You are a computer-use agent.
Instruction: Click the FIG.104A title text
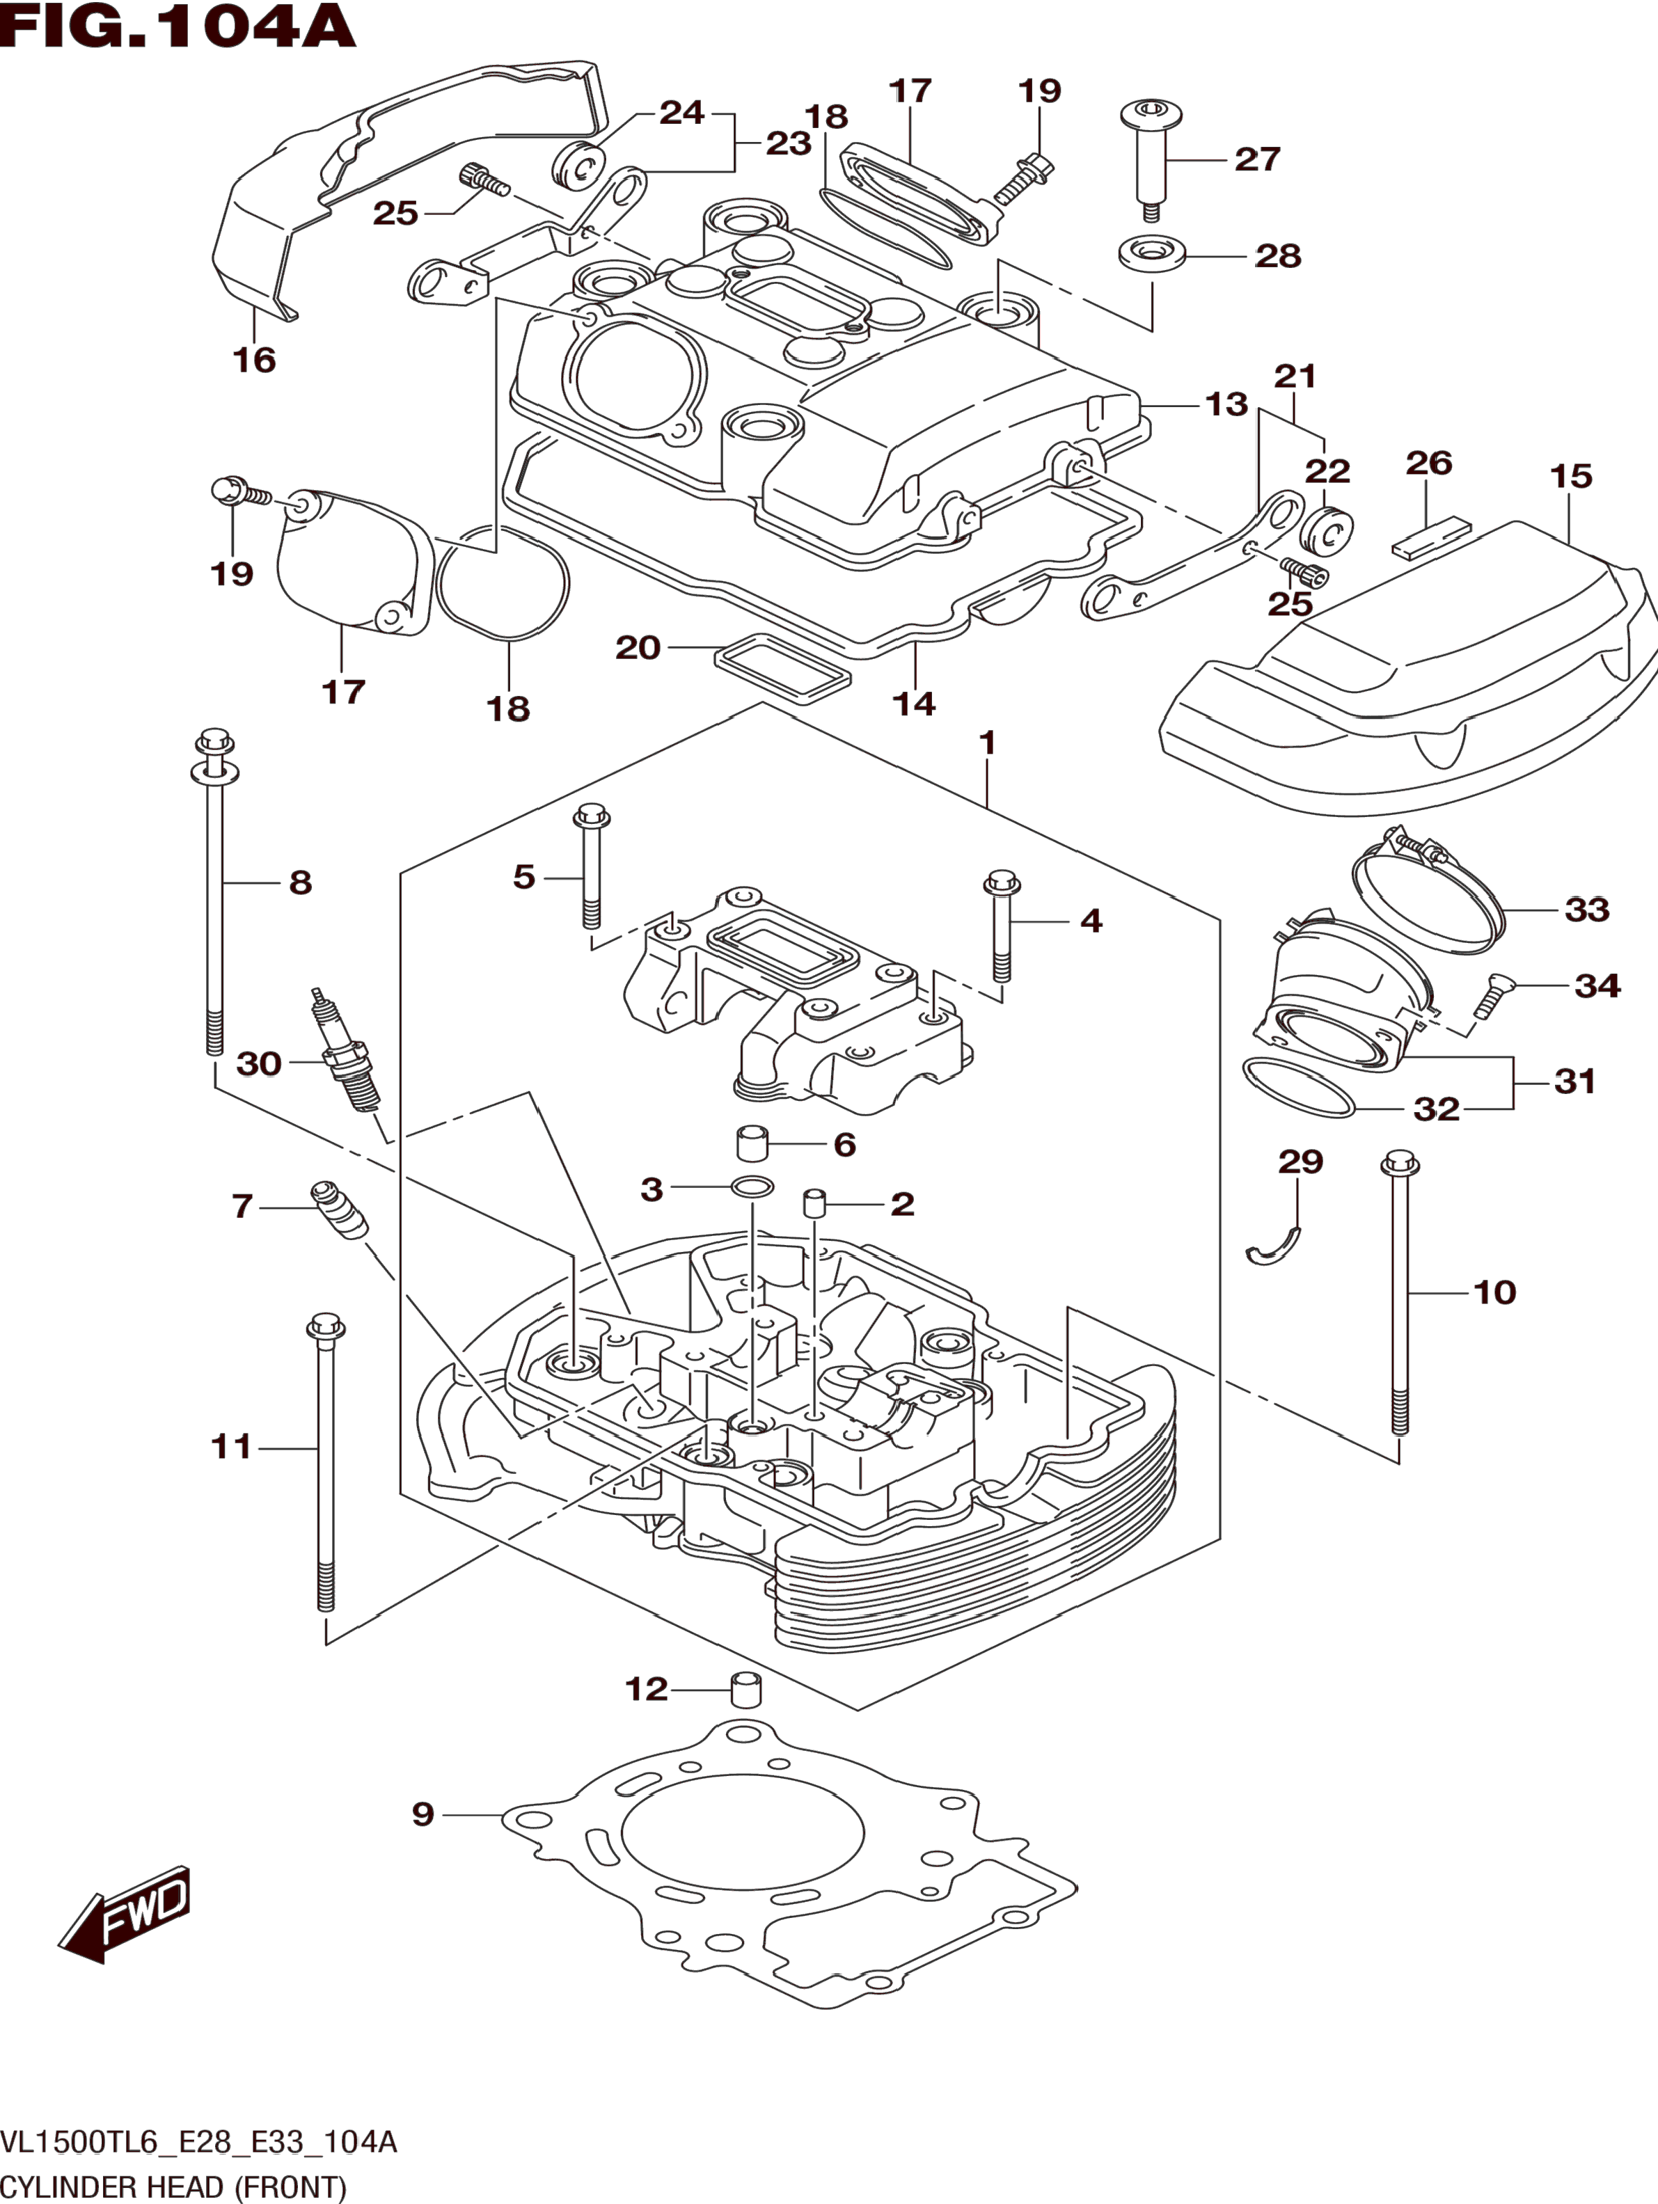177,27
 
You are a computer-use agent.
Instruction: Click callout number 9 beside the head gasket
423,1814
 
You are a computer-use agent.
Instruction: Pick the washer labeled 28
1152,253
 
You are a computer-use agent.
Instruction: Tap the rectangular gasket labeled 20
783,667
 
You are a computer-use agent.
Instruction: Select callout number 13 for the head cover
1226,404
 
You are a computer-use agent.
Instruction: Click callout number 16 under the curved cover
254,360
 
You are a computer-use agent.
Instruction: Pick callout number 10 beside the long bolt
1494,1292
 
